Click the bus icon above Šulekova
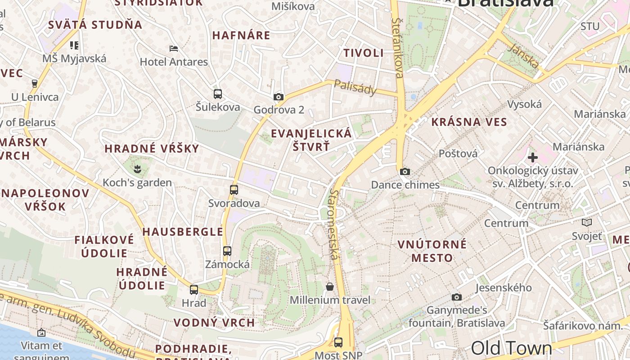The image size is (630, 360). tap(218, 94)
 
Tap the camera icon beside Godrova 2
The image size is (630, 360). tap(279, 97)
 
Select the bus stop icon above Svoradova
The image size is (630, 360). tap(234, 190)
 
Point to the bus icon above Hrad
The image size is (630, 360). tap(194, 290)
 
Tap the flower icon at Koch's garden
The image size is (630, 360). tap(137, 169)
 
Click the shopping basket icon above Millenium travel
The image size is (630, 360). tap(330, 287)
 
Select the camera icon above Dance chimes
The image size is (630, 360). tap(405, 171)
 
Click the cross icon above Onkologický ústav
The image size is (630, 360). tap(533, 157)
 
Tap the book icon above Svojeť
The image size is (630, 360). tap(587, 222)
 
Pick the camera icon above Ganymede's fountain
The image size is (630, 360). tap(457, 297)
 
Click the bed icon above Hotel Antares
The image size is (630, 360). tap(174, 49)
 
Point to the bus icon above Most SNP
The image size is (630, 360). tap(338, 342)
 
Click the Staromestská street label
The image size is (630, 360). tap(334, 224)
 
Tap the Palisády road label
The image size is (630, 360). tap(355, 87)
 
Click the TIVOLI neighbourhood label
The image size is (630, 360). tap(364, 53)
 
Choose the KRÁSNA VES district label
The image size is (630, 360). tap(469, 122)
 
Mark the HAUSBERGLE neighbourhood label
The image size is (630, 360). tap(183, 232)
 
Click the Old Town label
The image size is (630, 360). tap(511, 348)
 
